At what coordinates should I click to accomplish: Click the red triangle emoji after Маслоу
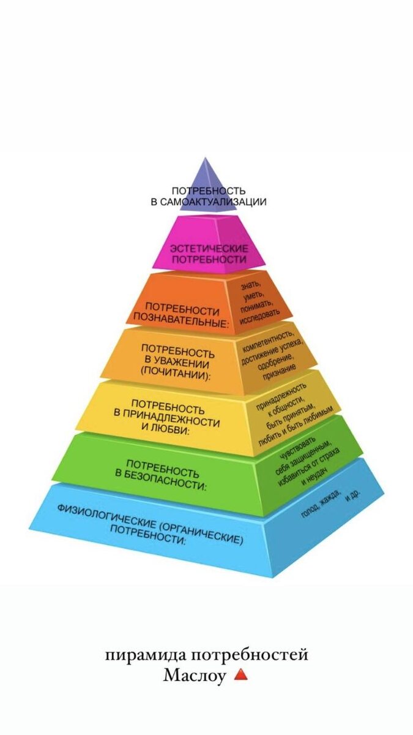click(240, 674)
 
